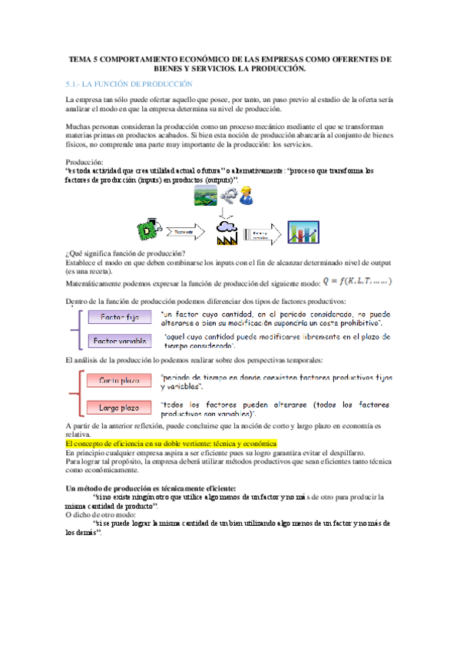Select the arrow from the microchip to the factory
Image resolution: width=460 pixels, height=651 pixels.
[185, 230]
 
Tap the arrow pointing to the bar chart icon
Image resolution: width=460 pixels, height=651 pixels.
[263, 232]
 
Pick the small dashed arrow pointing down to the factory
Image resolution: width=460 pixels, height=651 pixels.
[228, 211]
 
